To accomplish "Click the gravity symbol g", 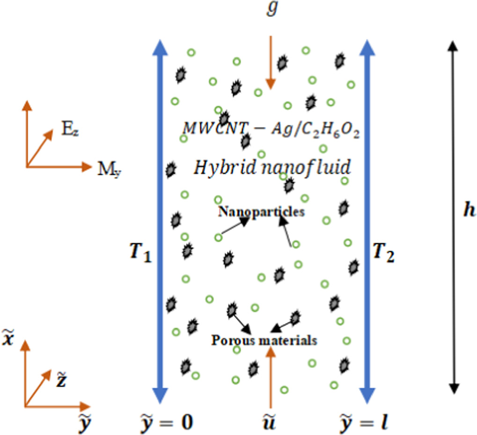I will [271, 10].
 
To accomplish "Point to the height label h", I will [468, 211].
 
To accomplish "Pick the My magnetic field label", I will [109, 169].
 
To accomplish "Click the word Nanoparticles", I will [261, 212].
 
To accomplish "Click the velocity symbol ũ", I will [270, 422].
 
